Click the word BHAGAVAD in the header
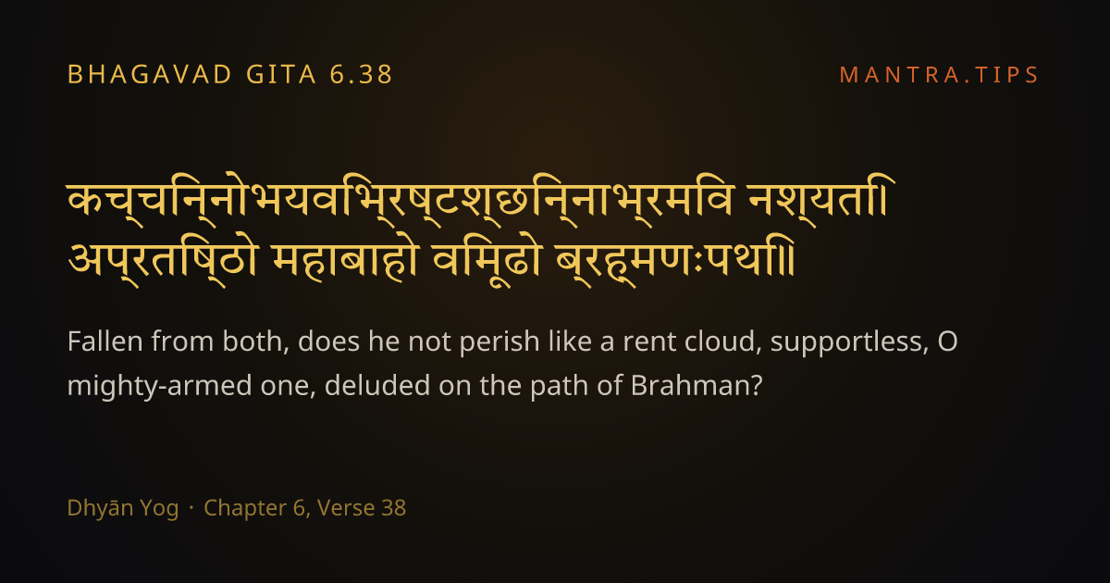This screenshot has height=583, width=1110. (150, 75)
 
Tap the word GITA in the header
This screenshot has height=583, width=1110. (281, 75)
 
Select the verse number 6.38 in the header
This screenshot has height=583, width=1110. (362, 75)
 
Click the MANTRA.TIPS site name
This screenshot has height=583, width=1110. (939, 75)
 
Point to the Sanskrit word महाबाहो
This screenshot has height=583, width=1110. (345, 261)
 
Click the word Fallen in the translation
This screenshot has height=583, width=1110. (105, 341)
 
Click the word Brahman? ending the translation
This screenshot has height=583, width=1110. (697, 386)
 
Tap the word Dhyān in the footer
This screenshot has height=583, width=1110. (100, 509)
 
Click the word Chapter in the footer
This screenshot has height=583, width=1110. (245, 509)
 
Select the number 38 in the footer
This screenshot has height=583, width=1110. (394, 508)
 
